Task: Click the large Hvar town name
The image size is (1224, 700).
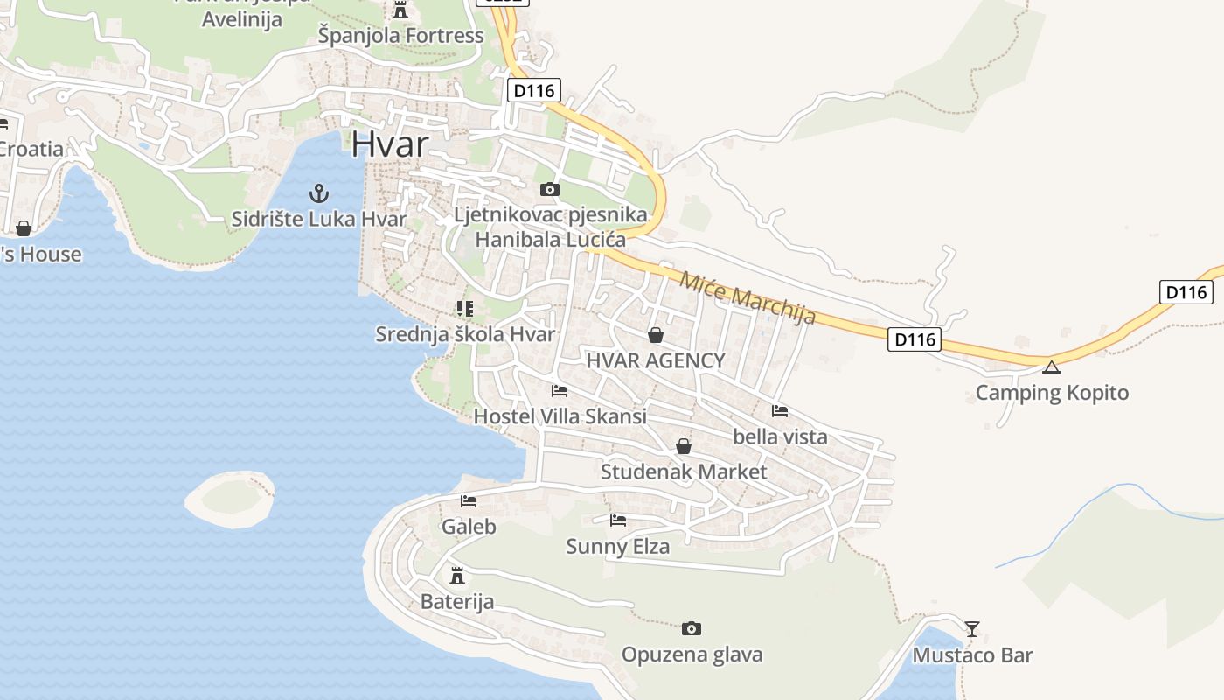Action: (x=390, y=144)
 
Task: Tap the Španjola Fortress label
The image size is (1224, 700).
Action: (x=400, y=36)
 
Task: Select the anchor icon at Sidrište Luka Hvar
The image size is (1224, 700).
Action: (x=319, y=192)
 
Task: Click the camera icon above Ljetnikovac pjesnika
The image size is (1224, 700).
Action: (x=549, y=189)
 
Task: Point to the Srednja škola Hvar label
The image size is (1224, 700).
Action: (x=465, y=334)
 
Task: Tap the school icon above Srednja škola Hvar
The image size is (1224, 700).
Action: (x=464, y=309)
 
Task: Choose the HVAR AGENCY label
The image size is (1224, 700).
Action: (x=655, y=360)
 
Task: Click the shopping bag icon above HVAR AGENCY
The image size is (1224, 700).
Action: (x=655, y=335)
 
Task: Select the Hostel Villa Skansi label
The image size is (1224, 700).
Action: (x=560, y=416)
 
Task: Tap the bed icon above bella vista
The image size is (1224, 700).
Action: (x=780, y=410)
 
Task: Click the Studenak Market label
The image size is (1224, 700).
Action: (x=683, y=472)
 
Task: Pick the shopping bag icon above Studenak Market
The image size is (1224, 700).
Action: (x=683, y=447)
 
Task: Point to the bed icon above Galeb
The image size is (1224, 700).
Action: (x=469, y=501)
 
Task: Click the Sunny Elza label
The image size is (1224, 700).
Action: (x=617, y=547)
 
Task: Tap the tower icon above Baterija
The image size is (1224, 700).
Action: (x=456, y=576)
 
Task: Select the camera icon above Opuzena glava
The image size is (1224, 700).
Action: (x=691, y=628)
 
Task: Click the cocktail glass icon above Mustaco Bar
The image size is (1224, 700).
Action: (x=971, y=628)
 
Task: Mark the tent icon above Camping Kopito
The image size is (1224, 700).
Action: (x=1051, y=367)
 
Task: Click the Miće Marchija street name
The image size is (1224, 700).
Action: (x=747, y=298)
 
